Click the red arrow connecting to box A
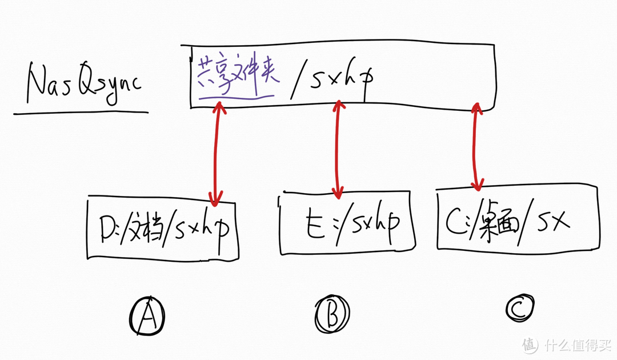(x=215, y=151)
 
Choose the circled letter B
(x=332, y=313)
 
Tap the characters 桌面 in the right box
(x=496, y=221)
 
